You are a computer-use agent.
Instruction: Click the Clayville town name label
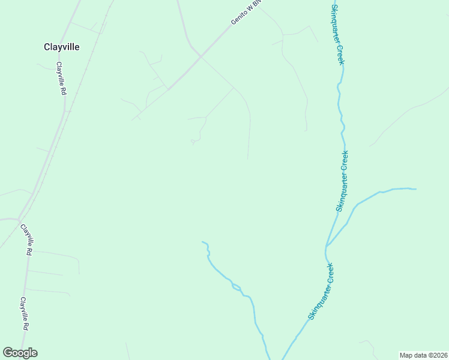62,47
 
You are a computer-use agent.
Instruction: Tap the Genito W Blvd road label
247,13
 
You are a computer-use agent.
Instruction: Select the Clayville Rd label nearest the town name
61,79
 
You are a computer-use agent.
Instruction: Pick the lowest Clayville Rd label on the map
24,314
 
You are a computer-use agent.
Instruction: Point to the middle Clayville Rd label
26,240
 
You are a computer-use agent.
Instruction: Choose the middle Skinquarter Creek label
342,181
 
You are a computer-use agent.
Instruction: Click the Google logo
20,353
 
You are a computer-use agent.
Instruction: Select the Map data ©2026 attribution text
423,355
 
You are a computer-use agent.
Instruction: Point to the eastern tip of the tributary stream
415,189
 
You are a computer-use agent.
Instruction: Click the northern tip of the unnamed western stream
202,242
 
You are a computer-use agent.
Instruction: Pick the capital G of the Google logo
8,353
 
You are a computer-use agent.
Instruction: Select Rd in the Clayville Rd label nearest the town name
62,91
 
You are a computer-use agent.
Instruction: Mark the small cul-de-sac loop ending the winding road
193,142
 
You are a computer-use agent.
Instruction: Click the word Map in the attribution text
406,355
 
